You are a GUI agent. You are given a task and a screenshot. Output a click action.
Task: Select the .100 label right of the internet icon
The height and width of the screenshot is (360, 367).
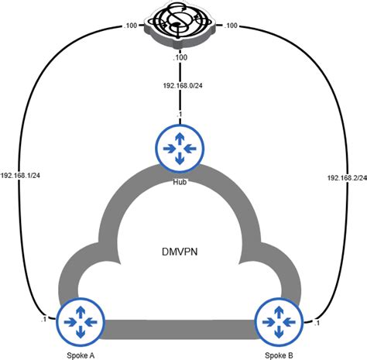click(231, 26)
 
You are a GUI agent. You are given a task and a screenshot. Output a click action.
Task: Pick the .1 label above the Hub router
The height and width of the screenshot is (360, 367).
click(179, 115)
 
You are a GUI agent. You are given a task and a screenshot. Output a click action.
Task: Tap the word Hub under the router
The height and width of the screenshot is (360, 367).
click(180, 182)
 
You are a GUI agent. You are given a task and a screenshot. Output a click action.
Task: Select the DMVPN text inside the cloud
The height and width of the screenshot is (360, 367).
click(180, 252)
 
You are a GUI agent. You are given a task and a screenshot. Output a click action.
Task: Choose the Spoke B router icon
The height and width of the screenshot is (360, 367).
click(279, 321)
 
